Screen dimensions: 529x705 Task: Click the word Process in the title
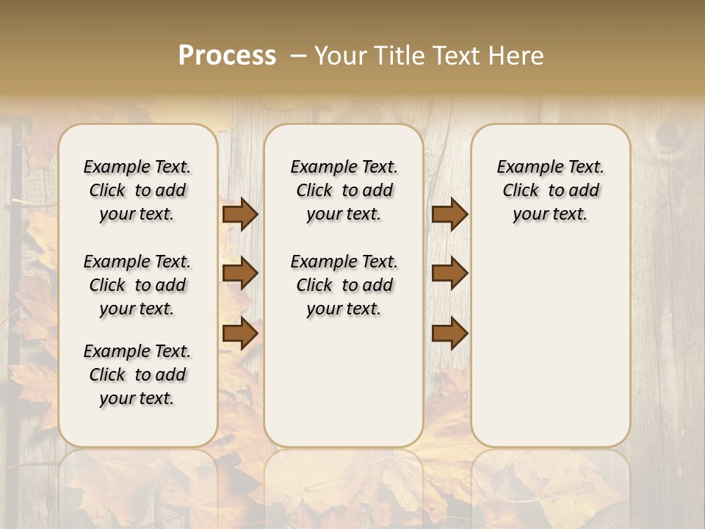227,56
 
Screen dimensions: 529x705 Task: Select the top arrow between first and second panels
240,214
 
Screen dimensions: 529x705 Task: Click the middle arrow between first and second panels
240,273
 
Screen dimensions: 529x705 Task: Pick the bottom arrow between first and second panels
240,334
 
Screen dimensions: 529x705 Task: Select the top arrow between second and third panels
449,214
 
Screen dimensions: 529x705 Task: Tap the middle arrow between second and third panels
449,273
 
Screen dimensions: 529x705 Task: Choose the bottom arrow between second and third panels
449,334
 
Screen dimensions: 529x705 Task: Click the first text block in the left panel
137,190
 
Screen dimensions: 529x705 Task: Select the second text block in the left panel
137,285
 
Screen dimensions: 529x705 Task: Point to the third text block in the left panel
137,375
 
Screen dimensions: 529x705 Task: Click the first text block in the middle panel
344,190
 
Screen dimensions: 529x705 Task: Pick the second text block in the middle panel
344,285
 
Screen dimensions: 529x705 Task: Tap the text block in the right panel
550,190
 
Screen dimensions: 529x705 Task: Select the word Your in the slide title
337,56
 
